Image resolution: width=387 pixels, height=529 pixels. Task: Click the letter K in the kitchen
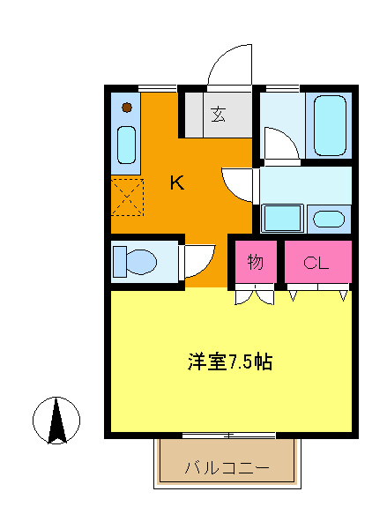point(176,183)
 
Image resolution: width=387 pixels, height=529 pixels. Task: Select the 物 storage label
point(256,262)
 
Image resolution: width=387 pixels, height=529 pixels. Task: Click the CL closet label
point(316,262)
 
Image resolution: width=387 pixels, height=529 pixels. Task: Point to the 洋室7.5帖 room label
point(229,361)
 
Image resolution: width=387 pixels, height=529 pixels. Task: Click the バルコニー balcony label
point(227,468)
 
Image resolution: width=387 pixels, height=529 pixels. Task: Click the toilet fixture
point(137,261)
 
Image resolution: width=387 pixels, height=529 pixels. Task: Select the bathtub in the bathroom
point(330,124)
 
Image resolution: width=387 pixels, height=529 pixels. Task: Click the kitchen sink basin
point(127,145)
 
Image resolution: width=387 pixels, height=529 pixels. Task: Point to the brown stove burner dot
point(127,108)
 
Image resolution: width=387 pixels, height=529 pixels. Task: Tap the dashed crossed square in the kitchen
point(127,197)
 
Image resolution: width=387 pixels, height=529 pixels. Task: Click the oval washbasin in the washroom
point(330,219)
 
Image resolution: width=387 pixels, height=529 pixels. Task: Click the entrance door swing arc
point(229,62)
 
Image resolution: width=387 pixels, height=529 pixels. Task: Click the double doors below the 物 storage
point(255,297)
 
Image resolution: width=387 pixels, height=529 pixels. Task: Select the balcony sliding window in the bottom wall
point(229,435)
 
